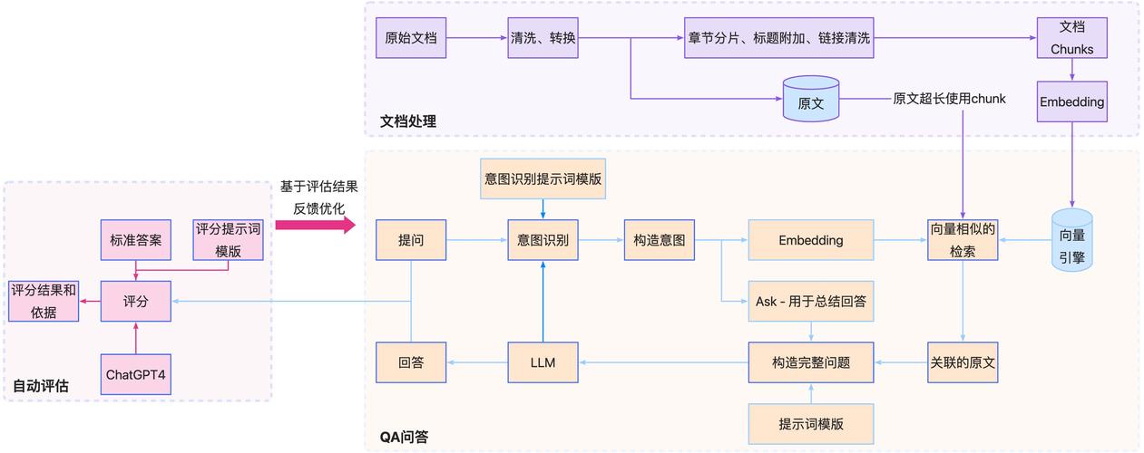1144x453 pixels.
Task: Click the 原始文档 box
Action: pyautogui.click(x=411, y=38)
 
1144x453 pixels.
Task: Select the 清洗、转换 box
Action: pyautogui.click(x=543, y=38)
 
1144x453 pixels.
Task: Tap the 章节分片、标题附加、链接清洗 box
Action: pyautogui.click(x=778, y=38)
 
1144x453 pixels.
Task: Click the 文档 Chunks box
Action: pyautogui.click(x=1071, y=38)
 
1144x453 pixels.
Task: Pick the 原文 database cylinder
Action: pyautogui.click(x=810, y=100)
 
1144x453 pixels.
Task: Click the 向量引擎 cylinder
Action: pyautogui.click(x=1071, y=239)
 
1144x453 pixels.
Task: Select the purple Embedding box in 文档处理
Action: pyautogui.click(x=1071, y=101)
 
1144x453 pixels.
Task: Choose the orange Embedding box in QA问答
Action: pyautogui.click(x=810, y=240)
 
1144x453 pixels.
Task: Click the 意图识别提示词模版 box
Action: pyautogui.click(x=543, y=179)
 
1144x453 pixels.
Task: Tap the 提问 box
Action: pyautogui.click(x=411, y=240)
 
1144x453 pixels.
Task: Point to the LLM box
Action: pyautogui.click(x=543, y=363)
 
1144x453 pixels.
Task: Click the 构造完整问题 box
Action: pyautogui.click(x=810, y=363)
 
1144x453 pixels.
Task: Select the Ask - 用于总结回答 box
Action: pyautogui.click(x=810, y=301)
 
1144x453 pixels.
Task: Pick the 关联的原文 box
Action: pyautogui.click(x=963, y=363)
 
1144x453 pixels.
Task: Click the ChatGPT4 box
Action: pyautogui.click(x=135, y=374)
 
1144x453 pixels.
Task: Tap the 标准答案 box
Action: pyautogui.click(x=135, y=240)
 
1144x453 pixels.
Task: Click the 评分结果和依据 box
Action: pyautogui.click(x=43, y=301)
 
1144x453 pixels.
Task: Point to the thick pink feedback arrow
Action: pyautogui.click(x=314, y=225)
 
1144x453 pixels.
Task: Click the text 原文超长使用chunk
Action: pyautogui.click(x=949, y=99)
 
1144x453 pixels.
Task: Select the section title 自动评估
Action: pyautogui.click(x=41, y=387)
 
